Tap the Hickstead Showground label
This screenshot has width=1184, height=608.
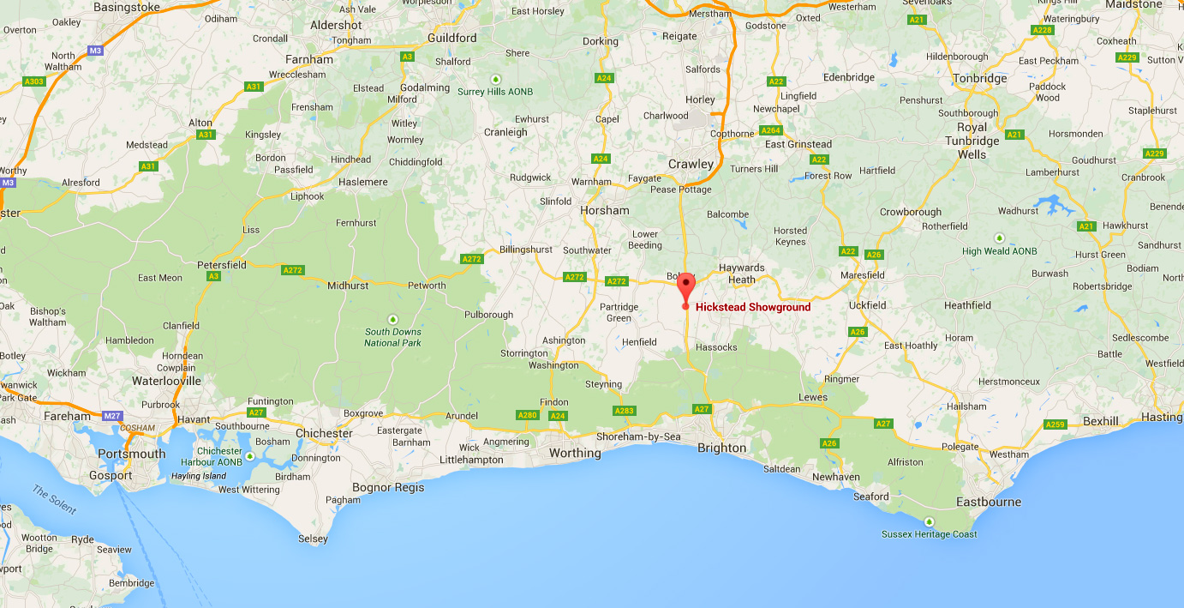pos(752,307)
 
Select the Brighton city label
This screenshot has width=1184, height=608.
pos(721,448)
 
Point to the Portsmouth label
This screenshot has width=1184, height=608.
pos(131,454)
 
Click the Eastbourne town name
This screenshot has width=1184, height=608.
pos(989,502)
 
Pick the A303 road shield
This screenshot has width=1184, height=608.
pos(34,81)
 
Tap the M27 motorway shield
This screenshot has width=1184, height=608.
pos(112,416)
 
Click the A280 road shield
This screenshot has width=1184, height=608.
pos(527,415)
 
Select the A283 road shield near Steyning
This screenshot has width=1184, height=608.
pos(625,411)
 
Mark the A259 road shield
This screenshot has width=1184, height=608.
pos(1055,424)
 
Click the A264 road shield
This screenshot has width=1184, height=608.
pos(771,130)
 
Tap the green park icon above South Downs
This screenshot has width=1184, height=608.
pos(393,319)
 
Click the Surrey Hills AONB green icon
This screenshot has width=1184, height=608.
pos(494,79)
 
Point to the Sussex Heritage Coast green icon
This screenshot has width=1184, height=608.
pos(929,521)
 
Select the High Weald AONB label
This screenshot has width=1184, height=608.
pos(999,251)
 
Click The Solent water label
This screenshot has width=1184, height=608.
pos(54,499)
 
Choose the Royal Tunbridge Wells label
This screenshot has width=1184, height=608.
pos(972,141)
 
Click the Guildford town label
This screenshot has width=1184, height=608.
pos(452,38)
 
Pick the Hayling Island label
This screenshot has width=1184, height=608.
pos(199,476)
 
